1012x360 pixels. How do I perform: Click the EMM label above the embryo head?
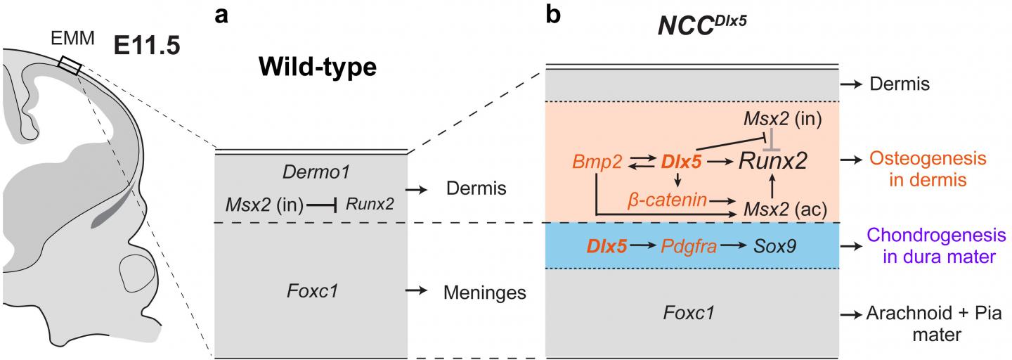pyautogui.click(x=75, y=40)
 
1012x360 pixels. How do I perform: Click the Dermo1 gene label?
pyautogui.click(x=310, y=173)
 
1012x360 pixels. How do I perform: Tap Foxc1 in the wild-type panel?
pyautogui.click(x=311, y=289)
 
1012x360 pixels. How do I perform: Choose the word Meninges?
pyautogui.click(x=484, y=292)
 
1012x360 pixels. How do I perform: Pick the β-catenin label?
pyautogui.click(x=667, y=201)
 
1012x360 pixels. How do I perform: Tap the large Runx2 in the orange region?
pyautogui.click(x=772, y=163)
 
